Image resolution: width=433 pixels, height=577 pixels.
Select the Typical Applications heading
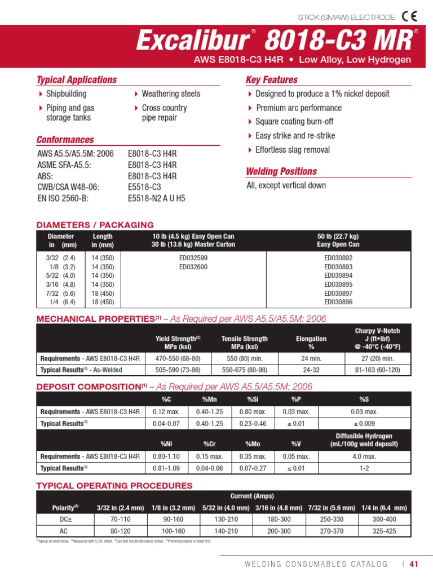[77, 80]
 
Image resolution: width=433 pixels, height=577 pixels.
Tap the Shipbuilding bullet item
[66, 94]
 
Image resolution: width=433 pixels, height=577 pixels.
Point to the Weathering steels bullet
[171, 94]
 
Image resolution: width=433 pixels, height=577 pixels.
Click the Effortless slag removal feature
[292, 150]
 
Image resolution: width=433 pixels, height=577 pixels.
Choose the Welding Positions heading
[281, 171]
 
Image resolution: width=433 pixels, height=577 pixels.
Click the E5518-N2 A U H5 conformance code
[156, 198]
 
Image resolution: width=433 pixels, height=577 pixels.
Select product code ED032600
[193, 267]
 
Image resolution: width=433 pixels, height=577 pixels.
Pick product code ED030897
[338, 294]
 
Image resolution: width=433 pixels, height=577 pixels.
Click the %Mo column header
[253, 444]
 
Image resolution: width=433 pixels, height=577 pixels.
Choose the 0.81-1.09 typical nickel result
[166, 468]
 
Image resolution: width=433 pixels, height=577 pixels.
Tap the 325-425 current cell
[384, 531]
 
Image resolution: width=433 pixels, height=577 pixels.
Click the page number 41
[414, 563]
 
